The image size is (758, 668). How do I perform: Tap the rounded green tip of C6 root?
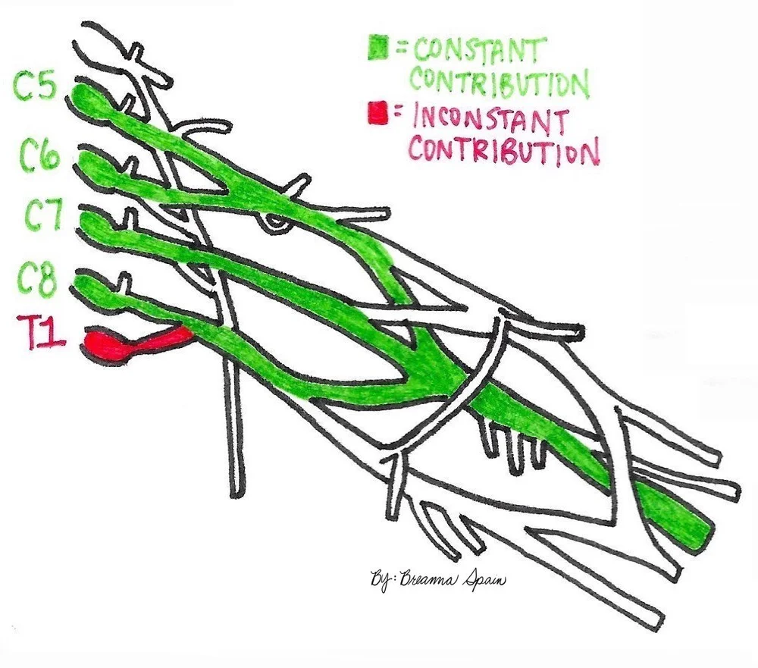point(91,162)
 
